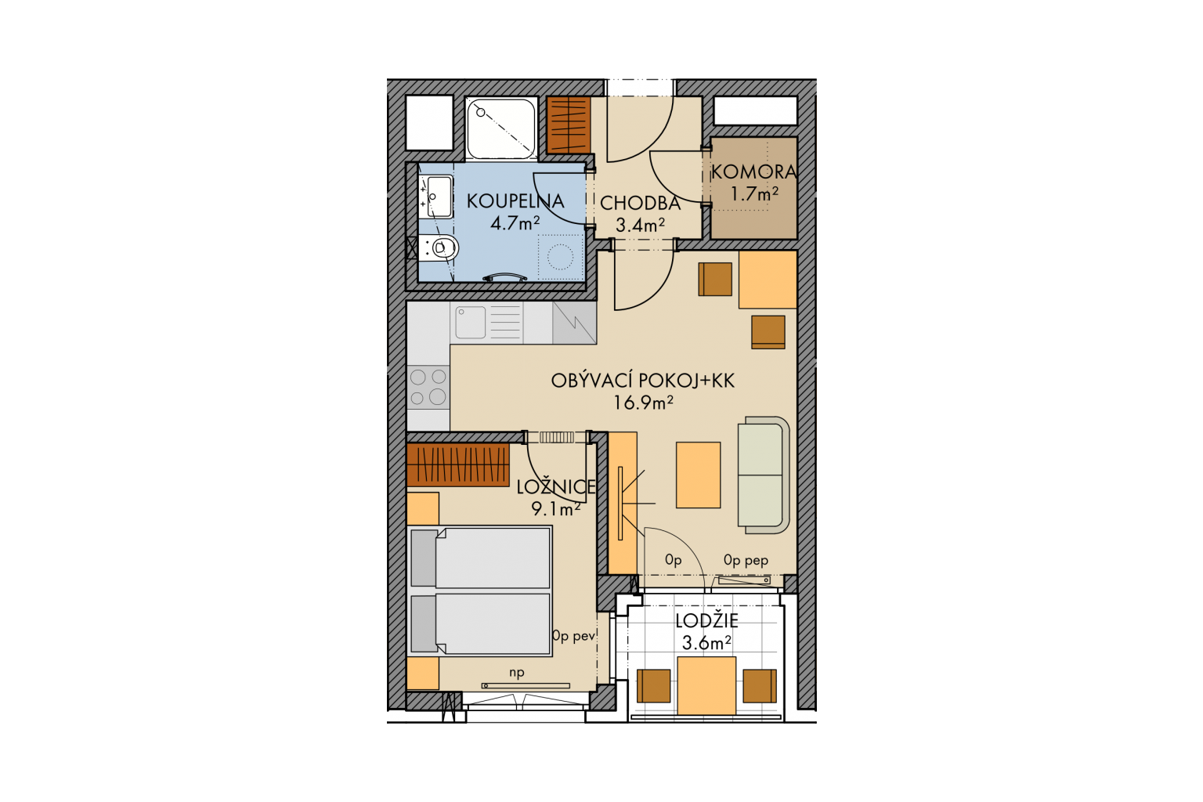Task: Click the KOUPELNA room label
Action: point(515,201)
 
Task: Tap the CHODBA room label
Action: point(640,203)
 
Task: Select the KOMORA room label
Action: point(754,172)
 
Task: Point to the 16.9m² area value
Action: point(643,403)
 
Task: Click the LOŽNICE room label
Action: point(556,487)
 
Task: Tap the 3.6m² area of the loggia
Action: point(706,642)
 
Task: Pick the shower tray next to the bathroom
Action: point(501,128)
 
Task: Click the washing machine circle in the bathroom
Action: point(560,257)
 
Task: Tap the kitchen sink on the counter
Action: point(471,323)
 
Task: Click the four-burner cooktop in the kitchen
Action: point(428,388)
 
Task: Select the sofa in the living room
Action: point(763,475)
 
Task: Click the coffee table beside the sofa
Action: point(698,475)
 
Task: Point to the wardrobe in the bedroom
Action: point(458,465)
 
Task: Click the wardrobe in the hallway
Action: point(569,125)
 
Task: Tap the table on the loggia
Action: point(706,686)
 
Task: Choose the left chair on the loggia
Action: point(654,686)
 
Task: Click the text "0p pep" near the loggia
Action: point(746,561)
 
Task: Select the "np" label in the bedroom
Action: point(517,673)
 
